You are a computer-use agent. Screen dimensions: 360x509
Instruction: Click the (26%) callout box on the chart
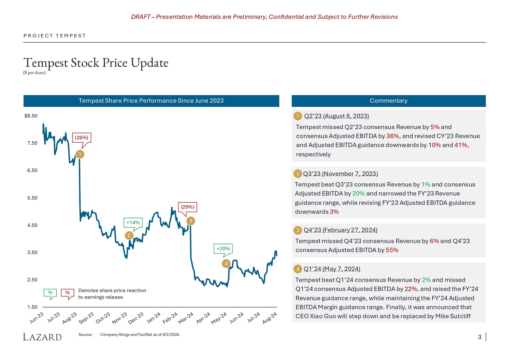coord(81,138)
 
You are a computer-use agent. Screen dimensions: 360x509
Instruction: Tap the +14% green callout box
coord(133,222)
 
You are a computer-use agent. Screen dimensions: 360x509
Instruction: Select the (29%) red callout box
coord(188,207)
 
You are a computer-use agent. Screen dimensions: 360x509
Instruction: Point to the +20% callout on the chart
coord(223,249)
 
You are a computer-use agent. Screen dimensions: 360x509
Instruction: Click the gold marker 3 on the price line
coord(191,221)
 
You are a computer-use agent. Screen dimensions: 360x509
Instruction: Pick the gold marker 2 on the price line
coord(129,235)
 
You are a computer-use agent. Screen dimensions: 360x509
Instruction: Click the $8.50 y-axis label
coord(31,116)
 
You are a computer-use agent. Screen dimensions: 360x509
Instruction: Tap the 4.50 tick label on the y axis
coord(32,225)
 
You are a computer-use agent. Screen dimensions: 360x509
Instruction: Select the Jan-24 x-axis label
coord(153,318)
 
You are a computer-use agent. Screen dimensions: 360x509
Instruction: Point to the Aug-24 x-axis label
coord(270,318)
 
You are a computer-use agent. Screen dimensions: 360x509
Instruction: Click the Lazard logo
coord(42,337)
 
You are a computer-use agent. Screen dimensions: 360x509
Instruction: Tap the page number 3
coord(479,337)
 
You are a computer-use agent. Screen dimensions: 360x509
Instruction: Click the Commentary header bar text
coord(389,101)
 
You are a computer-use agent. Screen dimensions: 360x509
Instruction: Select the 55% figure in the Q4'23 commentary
coord(392,250)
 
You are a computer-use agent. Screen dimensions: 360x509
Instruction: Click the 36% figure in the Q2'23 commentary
coord(393,136)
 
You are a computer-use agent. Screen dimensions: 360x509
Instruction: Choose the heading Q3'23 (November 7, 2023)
coord(340,174)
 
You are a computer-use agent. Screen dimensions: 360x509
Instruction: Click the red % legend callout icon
coord(68,293)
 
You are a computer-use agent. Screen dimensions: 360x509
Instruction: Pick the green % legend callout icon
coord(50,293)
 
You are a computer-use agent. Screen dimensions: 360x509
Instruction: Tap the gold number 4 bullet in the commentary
coord(298,269)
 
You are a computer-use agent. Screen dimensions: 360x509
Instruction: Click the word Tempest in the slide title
coord(46,63)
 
